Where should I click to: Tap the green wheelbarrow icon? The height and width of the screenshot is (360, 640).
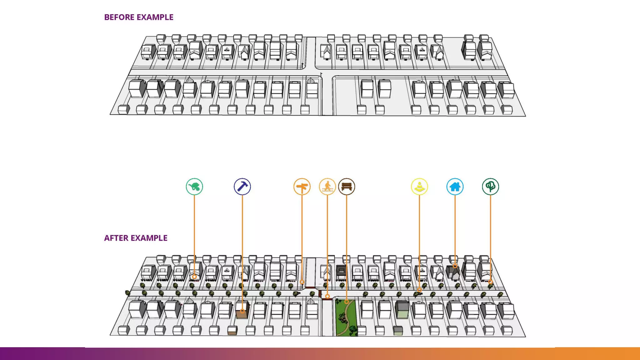tap(194, 187)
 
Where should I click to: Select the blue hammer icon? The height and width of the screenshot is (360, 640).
tap(242, 187)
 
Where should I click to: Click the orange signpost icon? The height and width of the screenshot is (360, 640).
tap(302, 187)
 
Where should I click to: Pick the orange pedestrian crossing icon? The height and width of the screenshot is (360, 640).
tap(327, 187)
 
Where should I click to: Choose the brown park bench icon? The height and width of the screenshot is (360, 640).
tap(347, 187)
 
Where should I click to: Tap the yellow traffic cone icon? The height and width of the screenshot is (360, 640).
tap(419, 187)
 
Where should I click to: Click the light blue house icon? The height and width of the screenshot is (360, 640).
tap(455, 187)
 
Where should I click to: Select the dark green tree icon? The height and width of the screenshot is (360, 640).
tap(490, 187)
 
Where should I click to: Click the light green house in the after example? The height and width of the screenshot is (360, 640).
tap(402, 310)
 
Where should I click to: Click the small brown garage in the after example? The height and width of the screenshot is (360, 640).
tap(232, 331)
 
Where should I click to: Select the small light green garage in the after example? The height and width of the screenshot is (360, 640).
tap(398, 331)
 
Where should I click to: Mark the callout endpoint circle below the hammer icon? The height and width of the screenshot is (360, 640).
tap(242, 311)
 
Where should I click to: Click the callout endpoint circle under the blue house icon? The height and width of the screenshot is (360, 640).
tap(455, 266)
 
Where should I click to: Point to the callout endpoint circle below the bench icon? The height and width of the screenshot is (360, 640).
tap(347, 302)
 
